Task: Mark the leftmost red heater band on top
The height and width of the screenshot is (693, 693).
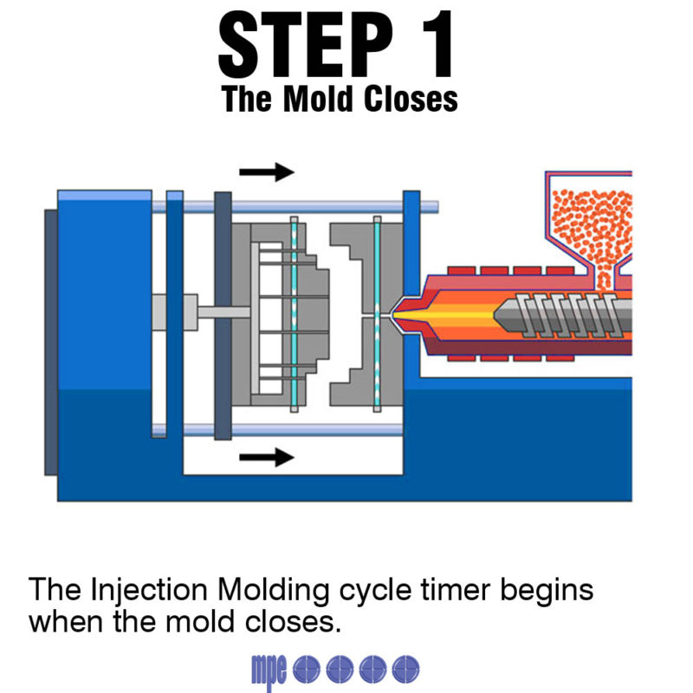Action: click(x=462, y=272)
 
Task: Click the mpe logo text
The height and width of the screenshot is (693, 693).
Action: click(x=269, y=668)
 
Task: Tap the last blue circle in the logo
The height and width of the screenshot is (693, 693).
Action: click(x=405, y=667)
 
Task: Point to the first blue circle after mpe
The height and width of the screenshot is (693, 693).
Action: click(x=307, y=667)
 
